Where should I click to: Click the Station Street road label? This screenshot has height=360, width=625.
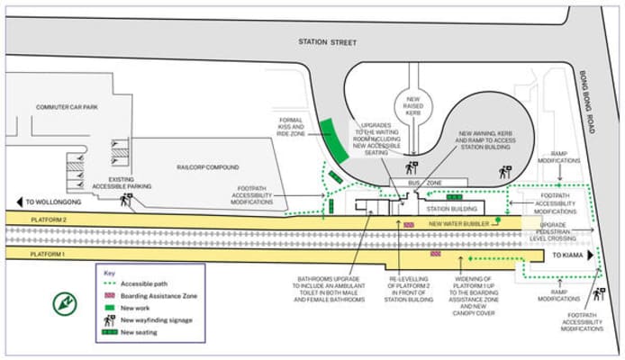(328, 42)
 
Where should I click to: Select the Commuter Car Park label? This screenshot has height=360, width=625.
(65, 107)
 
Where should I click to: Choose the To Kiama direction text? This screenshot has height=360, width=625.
(567, 256)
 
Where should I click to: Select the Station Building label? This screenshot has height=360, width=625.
(439, 209)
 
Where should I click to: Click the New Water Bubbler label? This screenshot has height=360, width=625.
(459, 223)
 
